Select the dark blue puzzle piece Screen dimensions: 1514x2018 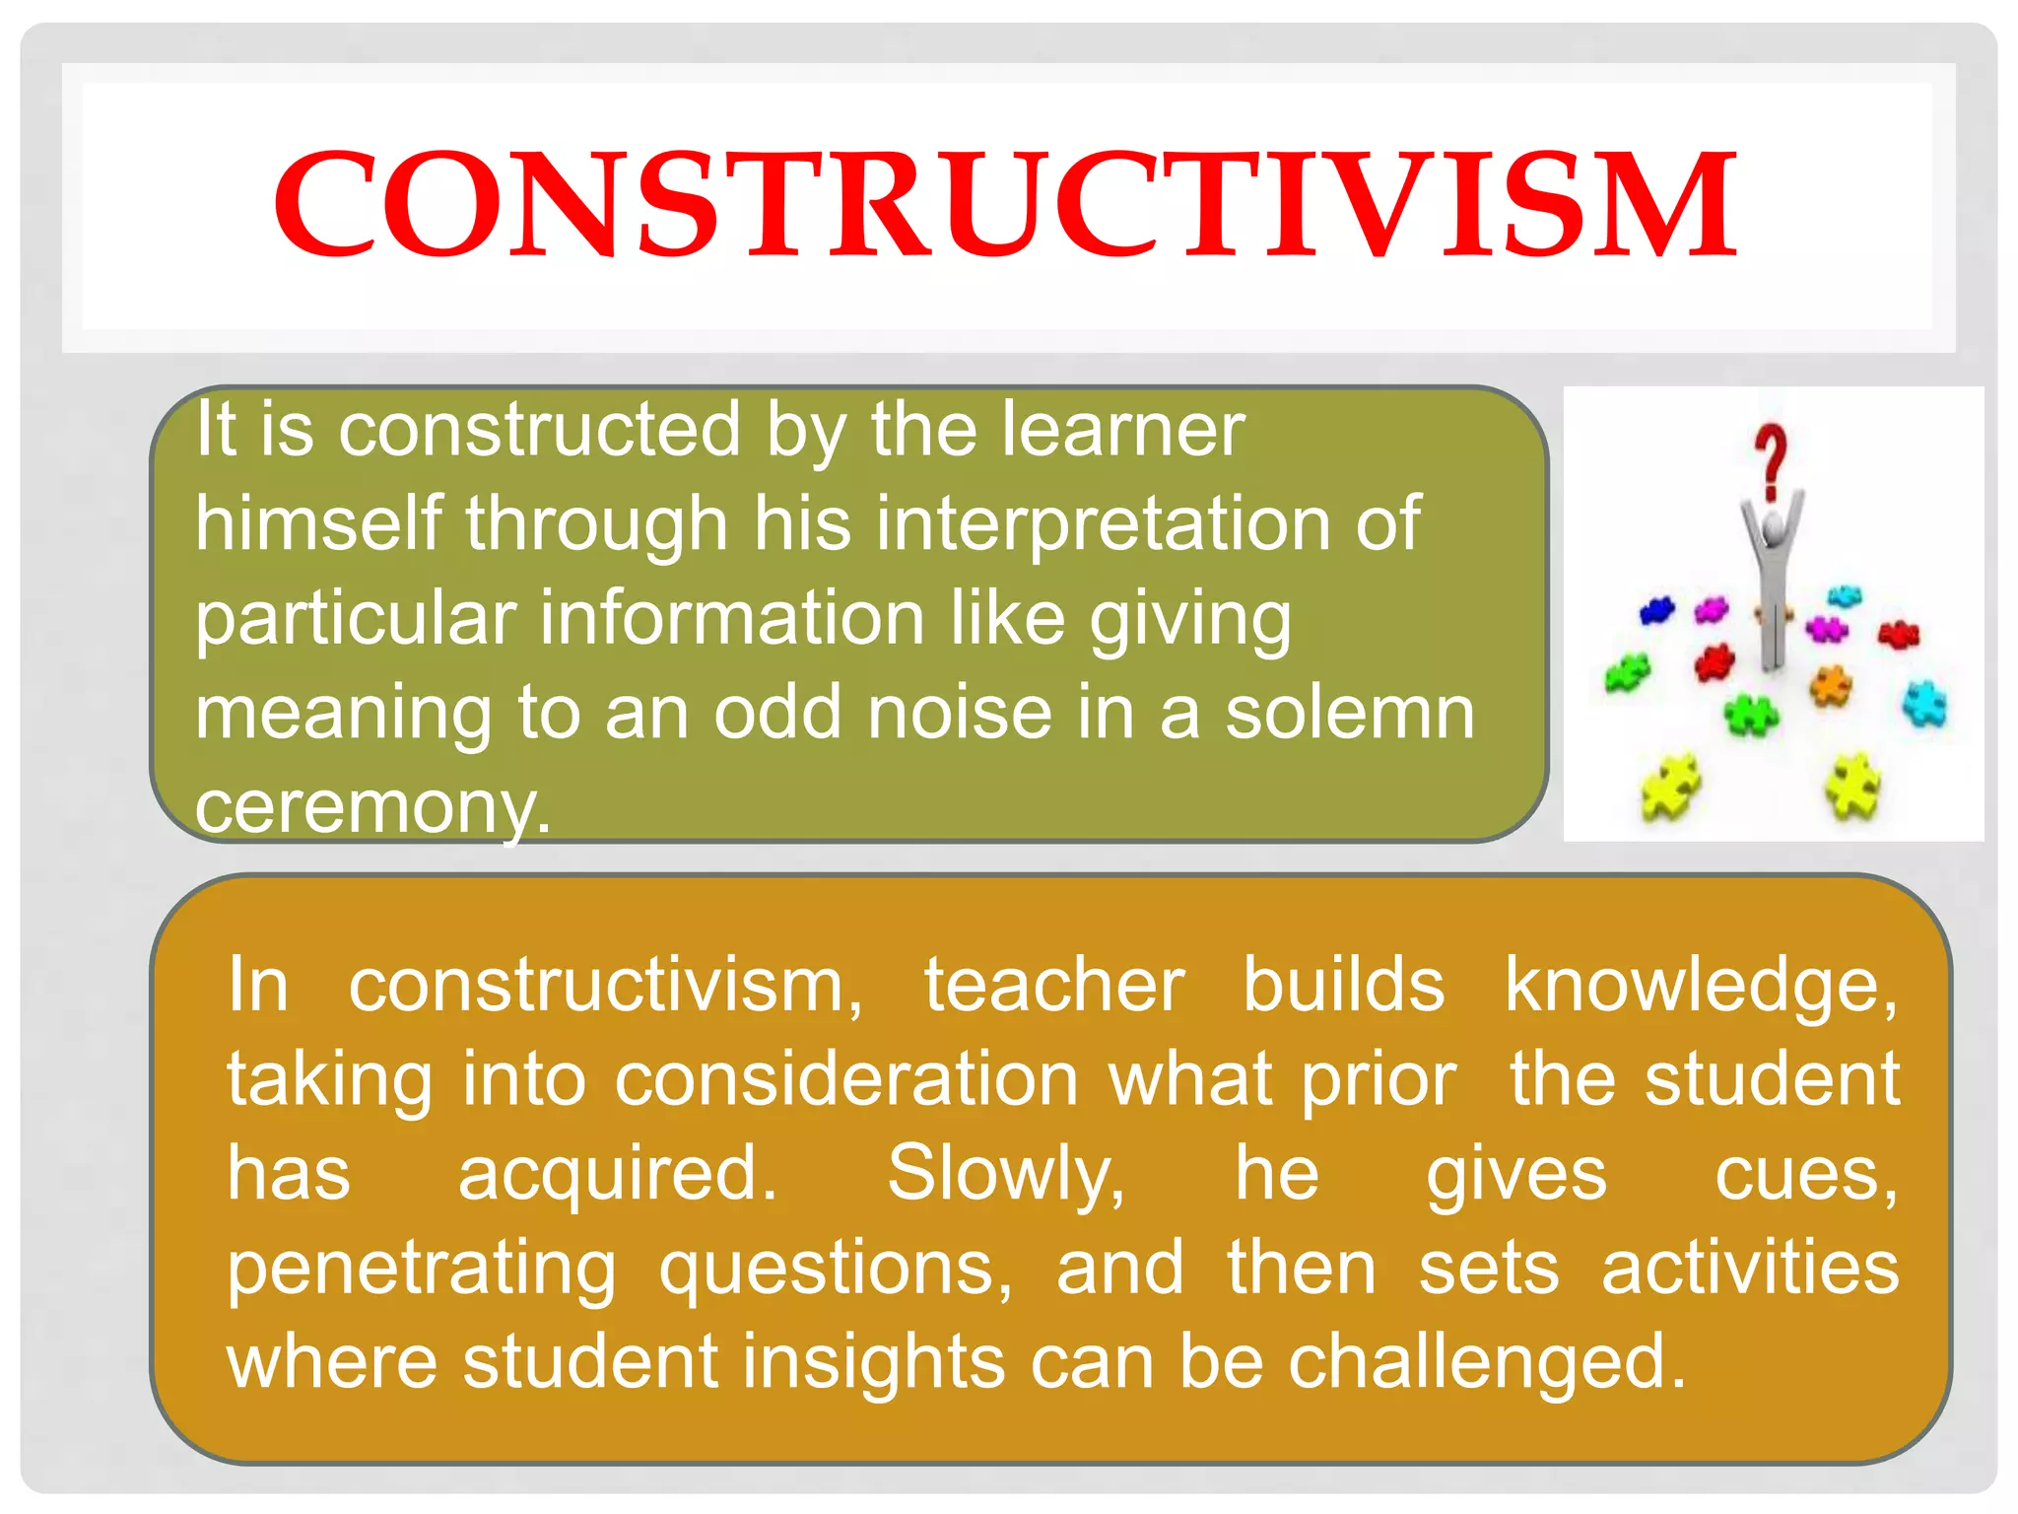[x=1656, y=610]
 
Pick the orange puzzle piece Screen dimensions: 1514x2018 [x=1831, y=684]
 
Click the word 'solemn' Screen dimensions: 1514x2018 [x=1350, y=713]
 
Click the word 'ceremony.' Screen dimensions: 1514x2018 [x=372, y=806]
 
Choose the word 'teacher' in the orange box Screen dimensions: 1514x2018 [x=1053, y=985]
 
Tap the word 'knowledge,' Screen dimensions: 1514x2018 [x=1701, y=987]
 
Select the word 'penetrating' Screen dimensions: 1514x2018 [x=422, y=1270]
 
